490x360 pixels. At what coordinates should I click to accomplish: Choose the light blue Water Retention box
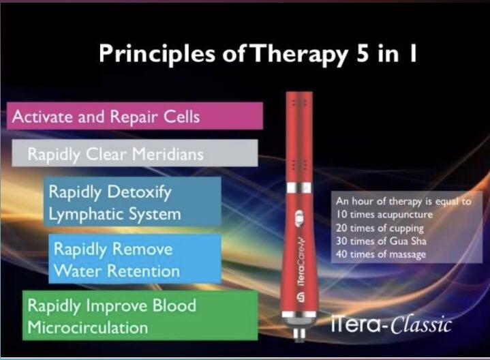point(135,259)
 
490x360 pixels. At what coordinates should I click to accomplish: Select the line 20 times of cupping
point(379,227)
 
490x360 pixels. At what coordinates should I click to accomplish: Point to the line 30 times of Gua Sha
point(380,241)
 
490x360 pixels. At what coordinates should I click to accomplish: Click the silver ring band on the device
point(298,187)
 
